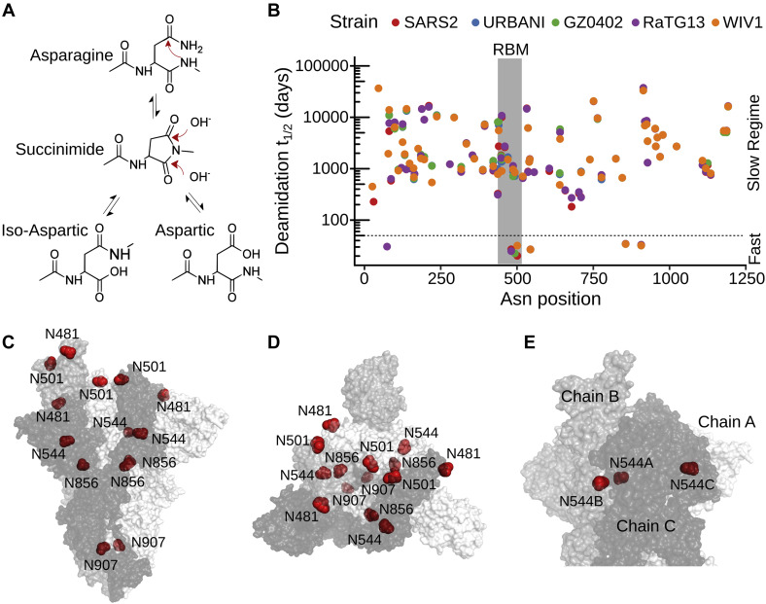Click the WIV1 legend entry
pyautogui.click(x=746, y=21)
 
